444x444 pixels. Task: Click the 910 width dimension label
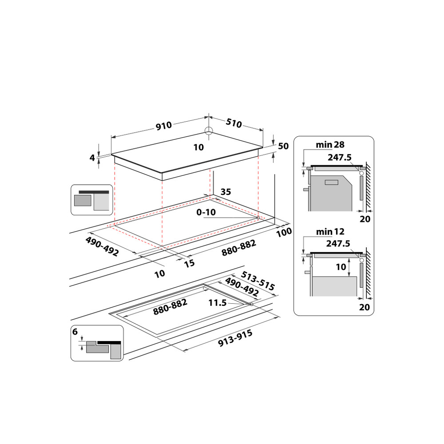point(163,126)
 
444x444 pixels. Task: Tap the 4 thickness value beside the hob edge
point(92,157)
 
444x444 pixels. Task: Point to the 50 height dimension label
point(283,147)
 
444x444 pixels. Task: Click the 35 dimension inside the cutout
point(226,192)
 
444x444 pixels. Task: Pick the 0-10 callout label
point(206,212)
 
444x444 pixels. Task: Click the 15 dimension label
point(189,263)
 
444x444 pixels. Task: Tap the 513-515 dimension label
point(258,281)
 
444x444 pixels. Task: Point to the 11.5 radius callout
point(218,303)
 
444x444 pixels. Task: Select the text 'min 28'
point(330,145)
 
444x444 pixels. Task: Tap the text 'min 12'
point(330,231)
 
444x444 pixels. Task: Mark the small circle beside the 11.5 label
point(251,305)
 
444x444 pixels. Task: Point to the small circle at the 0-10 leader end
point(258,218)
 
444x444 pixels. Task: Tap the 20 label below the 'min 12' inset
point(365,306)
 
